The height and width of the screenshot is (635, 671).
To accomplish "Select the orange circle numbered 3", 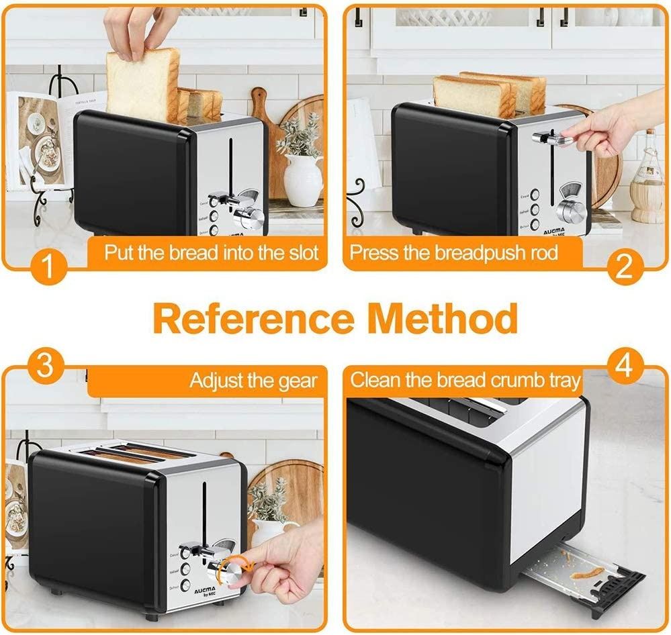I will [x=44, y=367].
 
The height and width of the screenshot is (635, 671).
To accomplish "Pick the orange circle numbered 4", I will [x=624, y=367].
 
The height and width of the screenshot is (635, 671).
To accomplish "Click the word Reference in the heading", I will [x=253, y=318].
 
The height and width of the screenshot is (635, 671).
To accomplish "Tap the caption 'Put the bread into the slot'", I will [x=210, y=254].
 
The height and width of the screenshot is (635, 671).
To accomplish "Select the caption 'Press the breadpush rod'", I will [x=454, y=254].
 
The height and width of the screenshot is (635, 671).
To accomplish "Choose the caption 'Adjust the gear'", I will [x=253, y=381].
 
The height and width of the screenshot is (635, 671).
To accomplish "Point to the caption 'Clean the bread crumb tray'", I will [x=465, y=381].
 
